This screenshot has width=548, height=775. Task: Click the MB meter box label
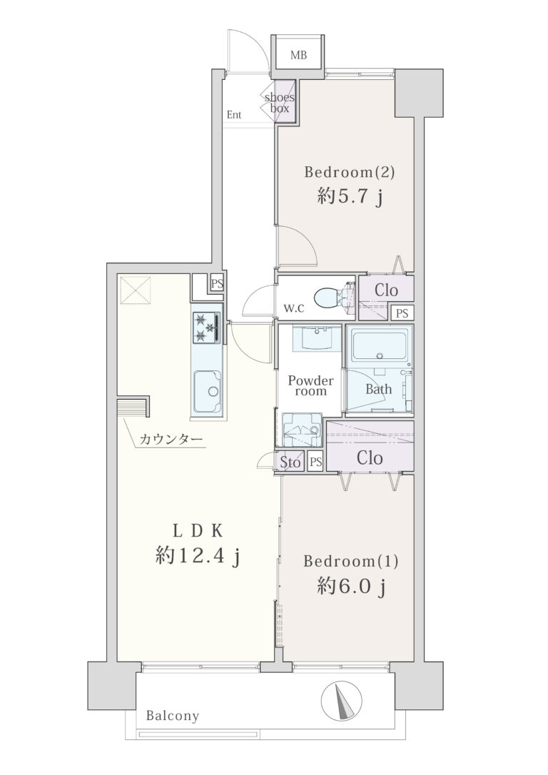coord(298,55)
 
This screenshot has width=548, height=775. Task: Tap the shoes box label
coord(280,102)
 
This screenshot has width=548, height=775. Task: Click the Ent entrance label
coord(234,115)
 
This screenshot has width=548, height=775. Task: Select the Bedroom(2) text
coord(350,172)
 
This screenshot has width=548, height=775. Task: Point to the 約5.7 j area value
coord(350,198)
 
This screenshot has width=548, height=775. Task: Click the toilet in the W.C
coord(331,297)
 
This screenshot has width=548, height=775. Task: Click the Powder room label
coord(310,385)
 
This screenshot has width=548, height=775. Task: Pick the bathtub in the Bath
coord(380,345)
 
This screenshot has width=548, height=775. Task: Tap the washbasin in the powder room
coord(315,338)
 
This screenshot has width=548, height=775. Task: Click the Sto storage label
coord(290,462)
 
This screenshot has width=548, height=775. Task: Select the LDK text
coord(198,531)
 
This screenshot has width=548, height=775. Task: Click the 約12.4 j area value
coord(198,557)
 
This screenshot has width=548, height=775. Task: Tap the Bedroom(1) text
coord(351,561)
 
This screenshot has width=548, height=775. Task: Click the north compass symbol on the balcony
coord(342,701)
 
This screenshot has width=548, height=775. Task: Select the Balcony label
coord(173,716)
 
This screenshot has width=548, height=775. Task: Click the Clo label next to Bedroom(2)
coord(386,290)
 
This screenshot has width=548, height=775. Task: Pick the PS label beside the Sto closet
coord(316,462)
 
